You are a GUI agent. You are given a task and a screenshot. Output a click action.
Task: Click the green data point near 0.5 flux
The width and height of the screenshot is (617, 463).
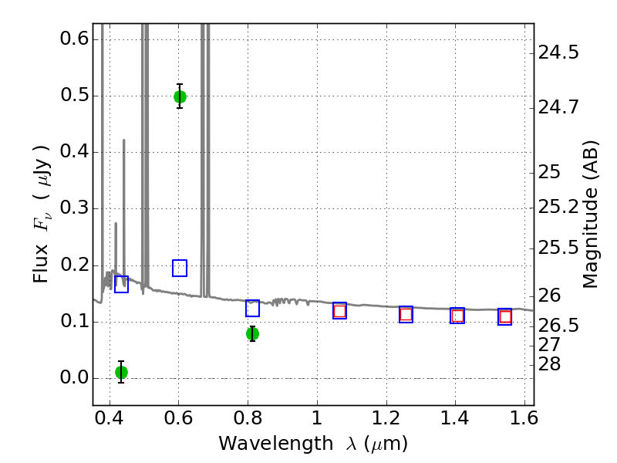pyautogui.click(x=180, y=96)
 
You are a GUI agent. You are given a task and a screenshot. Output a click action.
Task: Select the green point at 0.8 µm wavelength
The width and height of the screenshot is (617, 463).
pyautogui.click(x=252, y=333)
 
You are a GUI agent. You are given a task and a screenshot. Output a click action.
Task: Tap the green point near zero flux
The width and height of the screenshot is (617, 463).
pyautogui.click(x=121, y=372)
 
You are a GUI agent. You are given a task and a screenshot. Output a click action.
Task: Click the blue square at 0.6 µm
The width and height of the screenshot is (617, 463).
pyautogui.click(x=180, y=268)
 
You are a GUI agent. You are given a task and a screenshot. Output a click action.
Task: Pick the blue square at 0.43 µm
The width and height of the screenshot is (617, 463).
pyautogui.click(x=121, y=284)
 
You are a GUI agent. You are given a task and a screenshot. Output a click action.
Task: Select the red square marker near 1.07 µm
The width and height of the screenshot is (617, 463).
pyautogui.click(x=339, y=311)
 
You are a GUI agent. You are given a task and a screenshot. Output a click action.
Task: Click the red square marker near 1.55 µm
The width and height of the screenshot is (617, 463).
pyautogui.click(x=505, y=316)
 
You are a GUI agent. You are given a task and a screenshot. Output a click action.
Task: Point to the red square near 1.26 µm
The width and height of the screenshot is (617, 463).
pyautogui.click(x=406, y=314)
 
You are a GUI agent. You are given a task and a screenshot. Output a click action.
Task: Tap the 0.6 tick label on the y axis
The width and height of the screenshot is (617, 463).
pyautogui.click(x=69, y=39)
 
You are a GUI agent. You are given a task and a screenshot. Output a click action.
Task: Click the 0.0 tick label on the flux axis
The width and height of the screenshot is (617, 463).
pyautogui.click(x=69, y=378)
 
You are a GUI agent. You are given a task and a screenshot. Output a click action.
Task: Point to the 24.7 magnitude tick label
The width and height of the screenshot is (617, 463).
pyautogui.click(x=559, y=107)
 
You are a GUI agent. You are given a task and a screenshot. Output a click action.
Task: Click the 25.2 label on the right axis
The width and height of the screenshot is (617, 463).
pyautogui.click(x=559, y=207)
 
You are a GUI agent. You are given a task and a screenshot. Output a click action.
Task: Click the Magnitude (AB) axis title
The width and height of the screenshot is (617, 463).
pyautogui.click(x=591, y=214)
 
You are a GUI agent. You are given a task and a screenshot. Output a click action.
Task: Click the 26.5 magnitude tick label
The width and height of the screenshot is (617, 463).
pyautogui.click(x=559, y=326)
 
